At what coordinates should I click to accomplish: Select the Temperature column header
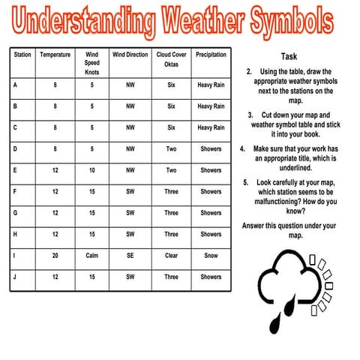pyautogui.click(x=55, y=55)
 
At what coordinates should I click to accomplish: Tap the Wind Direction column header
pyautogui.click(x=130, y=55)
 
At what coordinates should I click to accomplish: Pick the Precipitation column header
pyautogui.click(x=211, y=55)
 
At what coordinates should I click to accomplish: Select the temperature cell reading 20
pyautogui.click(x=55, y=256)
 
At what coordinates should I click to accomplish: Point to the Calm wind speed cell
pyautogui.click(x=92, y=256)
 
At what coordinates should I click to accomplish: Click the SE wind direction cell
pyautogui.click(x=130, y=256)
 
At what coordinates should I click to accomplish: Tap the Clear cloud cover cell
pyautogui.click(x=171, y=256)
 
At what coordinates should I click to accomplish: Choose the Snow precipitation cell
pyautogui.click(x=211, y=256)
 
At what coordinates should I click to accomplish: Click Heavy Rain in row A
pyautogui.click(x=211, y=85)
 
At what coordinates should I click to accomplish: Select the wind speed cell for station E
pyautogui.click(x=92, y=170)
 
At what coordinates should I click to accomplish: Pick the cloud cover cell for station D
pyautogui.click(x=171, y=148)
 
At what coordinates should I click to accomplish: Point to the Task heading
pyautogui.click(x=289, y=56)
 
